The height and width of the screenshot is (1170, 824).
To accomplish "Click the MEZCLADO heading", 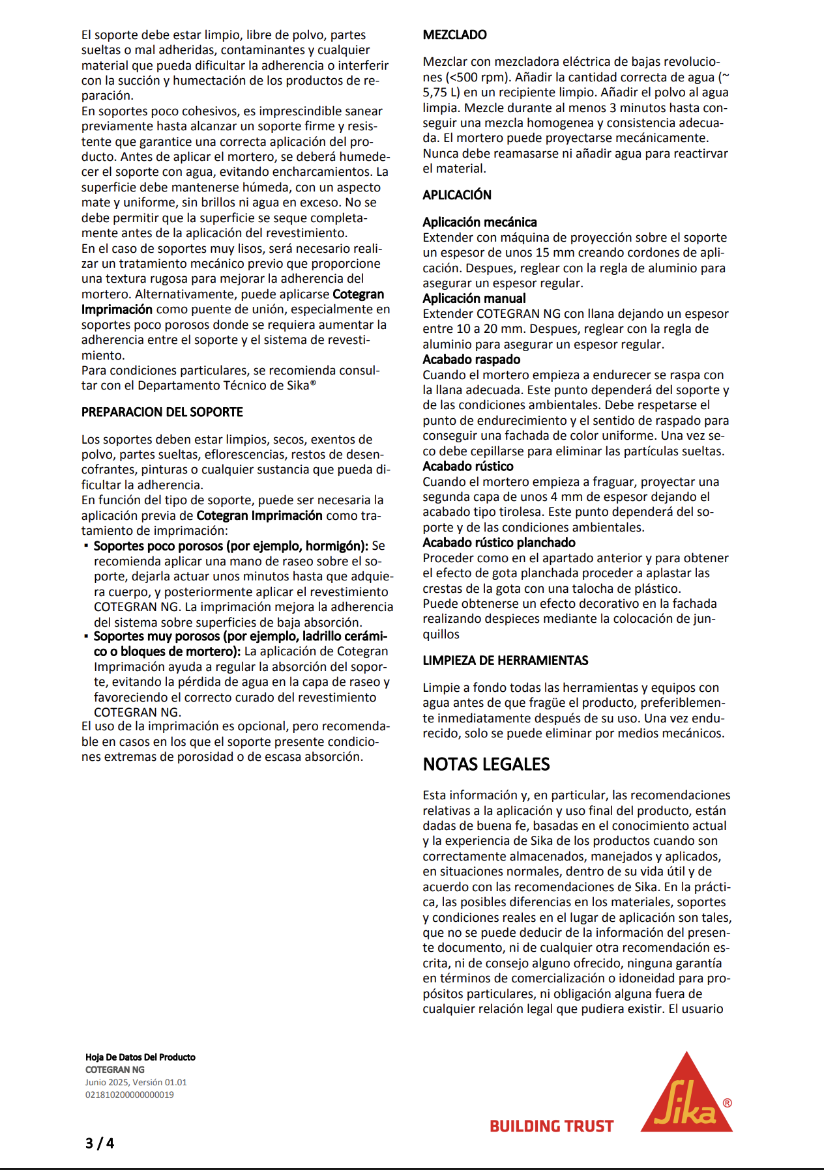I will click(454, 35).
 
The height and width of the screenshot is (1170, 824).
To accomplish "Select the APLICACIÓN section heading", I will click(457, 195).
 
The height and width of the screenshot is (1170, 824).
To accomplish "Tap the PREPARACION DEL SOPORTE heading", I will click(162, 412).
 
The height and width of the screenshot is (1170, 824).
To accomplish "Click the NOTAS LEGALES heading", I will click(486, 764).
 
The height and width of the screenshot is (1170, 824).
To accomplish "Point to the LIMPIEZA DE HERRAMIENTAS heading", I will click(505, 661).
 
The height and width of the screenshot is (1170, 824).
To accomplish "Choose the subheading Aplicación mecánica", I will click(480, 222).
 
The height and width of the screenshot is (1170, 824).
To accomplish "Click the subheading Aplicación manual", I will click(474, 298).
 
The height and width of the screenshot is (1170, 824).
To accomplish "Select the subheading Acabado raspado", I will click(471, 360).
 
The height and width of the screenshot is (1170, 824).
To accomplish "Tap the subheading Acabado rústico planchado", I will click(499, 543).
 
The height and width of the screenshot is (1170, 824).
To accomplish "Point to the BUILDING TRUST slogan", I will click(552, 1126).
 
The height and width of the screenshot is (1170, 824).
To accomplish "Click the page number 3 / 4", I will click(100, 1143).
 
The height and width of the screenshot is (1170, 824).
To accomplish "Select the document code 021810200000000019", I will click(130, 1094).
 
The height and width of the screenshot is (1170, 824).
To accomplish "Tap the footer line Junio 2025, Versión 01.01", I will click(136, 1082).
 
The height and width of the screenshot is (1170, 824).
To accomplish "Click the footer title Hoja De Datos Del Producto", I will click(140, 1057).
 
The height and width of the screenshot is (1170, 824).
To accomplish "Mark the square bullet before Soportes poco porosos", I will click(86, 545).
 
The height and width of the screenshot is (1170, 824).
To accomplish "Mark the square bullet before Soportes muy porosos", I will click(86, 635).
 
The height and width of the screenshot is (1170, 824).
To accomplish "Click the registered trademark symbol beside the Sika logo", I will click(728, 1103).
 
